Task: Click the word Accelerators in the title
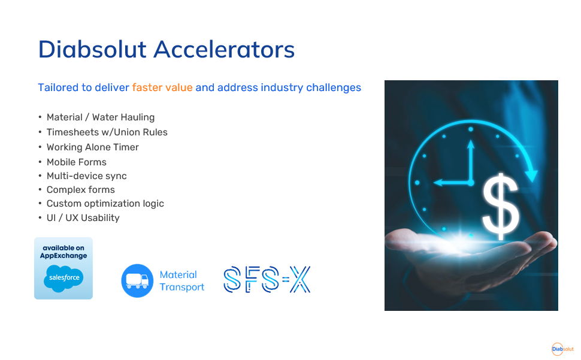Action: [x=224, y=49]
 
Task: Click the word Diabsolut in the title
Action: [x=92, y=49]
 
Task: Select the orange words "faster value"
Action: [x=162, y=87]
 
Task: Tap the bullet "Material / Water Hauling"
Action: [x=101, y=117]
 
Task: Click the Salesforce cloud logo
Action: [x=63, y=278]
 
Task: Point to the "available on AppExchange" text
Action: [x=63, y=252]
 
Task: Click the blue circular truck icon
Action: [x=137, y=281]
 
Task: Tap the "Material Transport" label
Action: [x=181, y=281]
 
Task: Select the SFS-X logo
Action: [x=267, y=279]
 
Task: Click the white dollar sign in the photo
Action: [x=501, y=207]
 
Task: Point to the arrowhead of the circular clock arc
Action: [x=532, y=176]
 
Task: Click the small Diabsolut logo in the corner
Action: [x=562, y=349]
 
